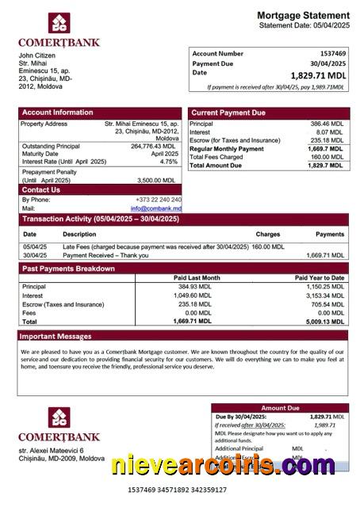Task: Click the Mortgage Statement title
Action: click(303, 16)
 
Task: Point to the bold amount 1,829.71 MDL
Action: click(317, 75)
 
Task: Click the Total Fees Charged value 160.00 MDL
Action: click(327, 157)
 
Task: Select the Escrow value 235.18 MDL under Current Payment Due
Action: click(327, 140)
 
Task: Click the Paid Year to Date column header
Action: click(320, 278)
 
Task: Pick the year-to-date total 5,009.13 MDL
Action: click(325, 322)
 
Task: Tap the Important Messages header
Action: click(57, 336)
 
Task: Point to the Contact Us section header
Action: click(40, 189)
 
